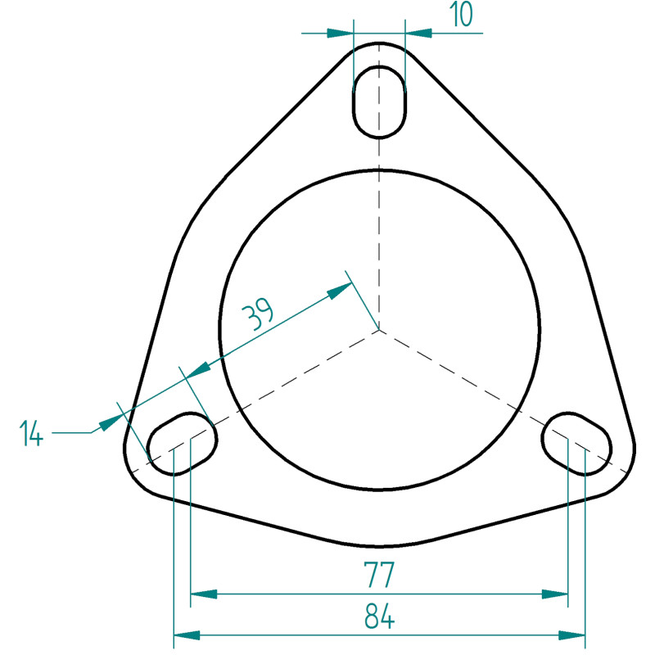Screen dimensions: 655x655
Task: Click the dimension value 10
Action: coord(461,14)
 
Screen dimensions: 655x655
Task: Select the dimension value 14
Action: coord(31,434)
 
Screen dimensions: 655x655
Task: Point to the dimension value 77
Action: coord(379,576)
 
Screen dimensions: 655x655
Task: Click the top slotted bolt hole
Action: coord(379,102)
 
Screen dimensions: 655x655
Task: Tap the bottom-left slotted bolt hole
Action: coord(182,444)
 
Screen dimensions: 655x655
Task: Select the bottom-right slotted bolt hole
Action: coord(576,444)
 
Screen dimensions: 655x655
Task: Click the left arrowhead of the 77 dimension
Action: coord(204,594)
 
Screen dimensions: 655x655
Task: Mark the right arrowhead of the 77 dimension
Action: coord(555,594)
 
